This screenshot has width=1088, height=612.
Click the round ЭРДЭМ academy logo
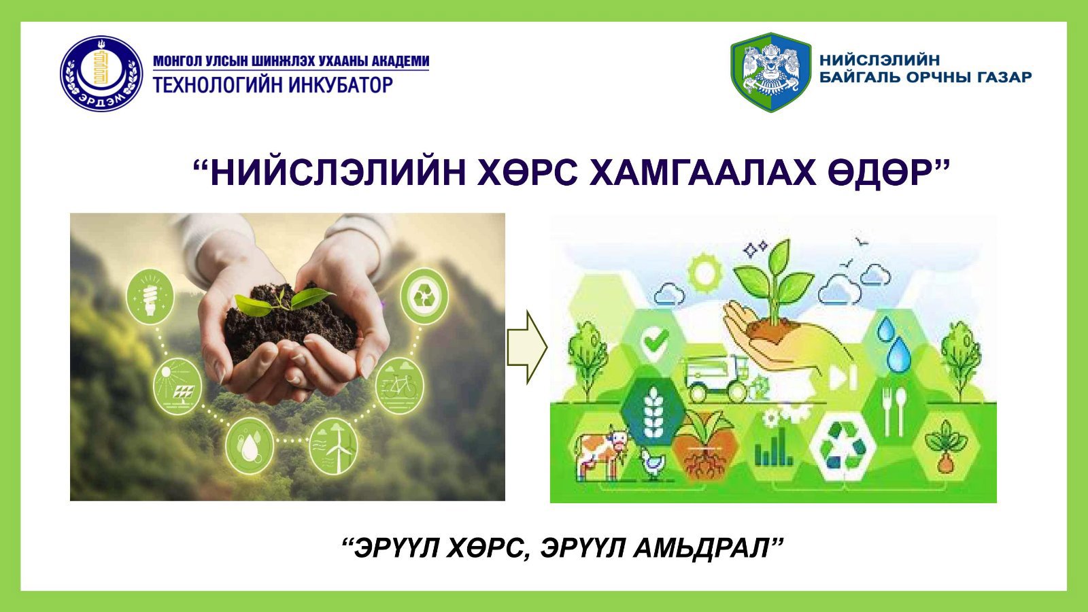pos(101,73)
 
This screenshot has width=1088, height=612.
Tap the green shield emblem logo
pos(771,72)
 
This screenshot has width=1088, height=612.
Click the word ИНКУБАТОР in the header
pos(341,85)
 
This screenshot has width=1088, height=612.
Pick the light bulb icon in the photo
pos(150,296)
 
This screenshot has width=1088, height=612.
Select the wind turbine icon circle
pos(333,446)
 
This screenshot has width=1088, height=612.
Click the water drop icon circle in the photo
pos(250,446)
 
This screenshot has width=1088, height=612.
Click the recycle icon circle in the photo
pos(424,296)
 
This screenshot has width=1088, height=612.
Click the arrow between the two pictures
pos(528,347)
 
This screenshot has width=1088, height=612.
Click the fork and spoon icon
pos(894,411)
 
